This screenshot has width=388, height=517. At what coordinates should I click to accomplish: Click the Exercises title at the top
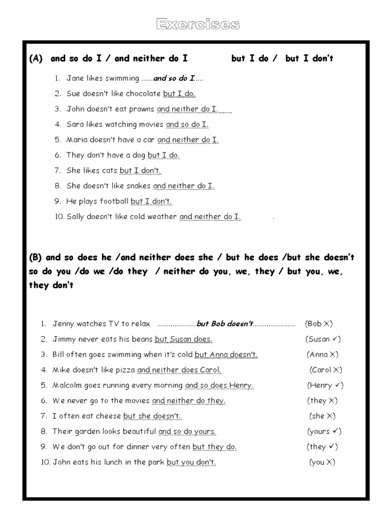(198, 24)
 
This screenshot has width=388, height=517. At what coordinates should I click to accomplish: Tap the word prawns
(142, 109)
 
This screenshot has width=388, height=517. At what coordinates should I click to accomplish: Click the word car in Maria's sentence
(149, 139)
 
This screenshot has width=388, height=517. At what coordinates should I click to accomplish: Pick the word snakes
(138, 186)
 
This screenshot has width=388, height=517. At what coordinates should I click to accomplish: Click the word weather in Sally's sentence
(163, 217)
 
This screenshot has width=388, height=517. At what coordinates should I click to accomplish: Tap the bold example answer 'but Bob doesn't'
(224, 324)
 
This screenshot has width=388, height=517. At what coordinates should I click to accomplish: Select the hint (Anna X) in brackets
(322, 354)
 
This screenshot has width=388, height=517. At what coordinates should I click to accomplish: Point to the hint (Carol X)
(326, 370)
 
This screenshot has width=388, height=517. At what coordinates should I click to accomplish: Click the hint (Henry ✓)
(325, 385)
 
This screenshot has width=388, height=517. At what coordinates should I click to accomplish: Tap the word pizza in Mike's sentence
(125, 370)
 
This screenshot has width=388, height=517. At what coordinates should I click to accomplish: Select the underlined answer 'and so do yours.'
(187, 431)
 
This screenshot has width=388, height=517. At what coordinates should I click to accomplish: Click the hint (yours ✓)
(324, 431)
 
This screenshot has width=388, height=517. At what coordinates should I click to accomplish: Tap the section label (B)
(35, 257)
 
